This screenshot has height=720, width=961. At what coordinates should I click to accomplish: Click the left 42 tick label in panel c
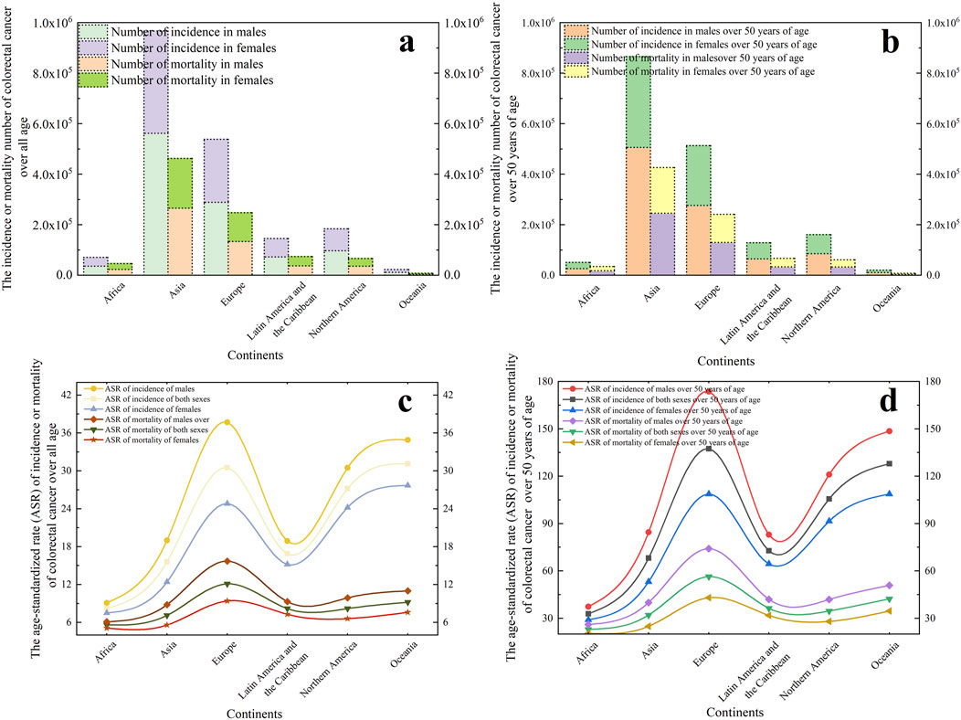(x=89, y=396)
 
